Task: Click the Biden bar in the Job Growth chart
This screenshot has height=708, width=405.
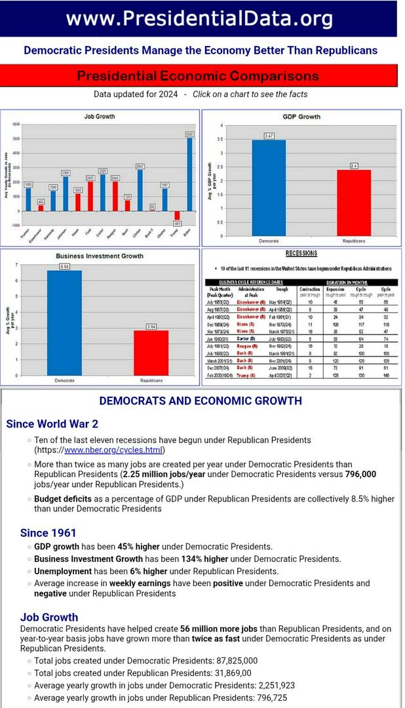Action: [x=189, y=174]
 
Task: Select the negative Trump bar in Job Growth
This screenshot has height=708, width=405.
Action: [x=177, y=215]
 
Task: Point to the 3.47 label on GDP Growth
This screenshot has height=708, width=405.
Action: [x=269, y=136]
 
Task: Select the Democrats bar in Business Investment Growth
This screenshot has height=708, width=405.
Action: [x=64, y=321]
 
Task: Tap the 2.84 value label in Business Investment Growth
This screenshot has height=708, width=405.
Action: [x=151, y=326]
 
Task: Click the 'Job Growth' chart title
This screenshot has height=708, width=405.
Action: [x=100, y=117]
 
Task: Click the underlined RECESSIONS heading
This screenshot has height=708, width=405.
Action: [x=301, y=254]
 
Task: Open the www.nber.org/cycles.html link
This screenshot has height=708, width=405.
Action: [x=113, y=450]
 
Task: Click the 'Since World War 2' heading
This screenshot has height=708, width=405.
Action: [x=52, y=423]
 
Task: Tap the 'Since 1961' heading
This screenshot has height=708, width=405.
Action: [x=48, y=533]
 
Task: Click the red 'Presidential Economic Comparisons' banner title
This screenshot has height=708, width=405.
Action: [x=198, y=75]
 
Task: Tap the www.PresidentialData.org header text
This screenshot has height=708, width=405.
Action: [x=199, y=19]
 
